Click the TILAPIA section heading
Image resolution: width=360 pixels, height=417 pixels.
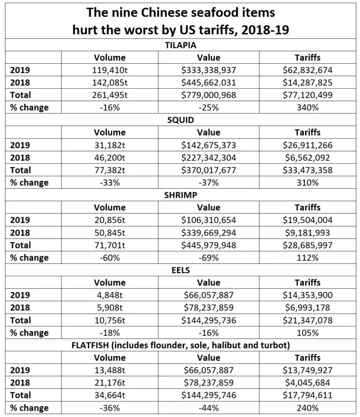pyautogui.click(x=180, y=45)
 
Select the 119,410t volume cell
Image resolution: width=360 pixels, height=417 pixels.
pyautogui.click(x=110, y=70)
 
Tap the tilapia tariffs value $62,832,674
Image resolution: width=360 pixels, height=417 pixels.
pyautogui.click(x=307, y=70)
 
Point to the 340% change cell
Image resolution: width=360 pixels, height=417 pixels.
pyautogui.click(x=307, y=107)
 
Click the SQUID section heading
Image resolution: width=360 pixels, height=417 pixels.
pyautogui.click(x=180, y=120)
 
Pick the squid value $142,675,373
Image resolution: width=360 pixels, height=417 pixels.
pyautogui.click(x=209, y=145)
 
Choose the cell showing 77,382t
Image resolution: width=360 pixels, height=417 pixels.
pyautogui.click(x=110, y=170)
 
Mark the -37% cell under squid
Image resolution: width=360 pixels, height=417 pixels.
pyautogui.click(x=209, y=182)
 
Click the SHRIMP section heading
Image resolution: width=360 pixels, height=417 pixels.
pyautogui.click(x=180, y=195)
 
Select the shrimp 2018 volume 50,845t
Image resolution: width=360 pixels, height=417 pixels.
pyautogui.click(x=110, y=233)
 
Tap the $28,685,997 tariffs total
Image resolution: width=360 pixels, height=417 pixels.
pyautogui.click(x=307, y=245)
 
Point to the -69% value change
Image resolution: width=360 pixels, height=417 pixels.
pyautogui.click(x=209, y=258)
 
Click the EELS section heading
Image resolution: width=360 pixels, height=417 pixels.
pyautogui.click(x=180, y=270)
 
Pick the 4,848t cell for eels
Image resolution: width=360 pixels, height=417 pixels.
pyautogui.click(x=110, y=295)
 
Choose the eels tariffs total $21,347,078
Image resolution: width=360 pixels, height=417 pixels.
pyautogui.click(x=307, y=320)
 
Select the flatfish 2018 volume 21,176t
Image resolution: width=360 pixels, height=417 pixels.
pyautogui.click(x=110, y=383)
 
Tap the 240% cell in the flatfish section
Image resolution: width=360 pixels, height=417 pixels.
pyautogui.click(x=307, y=408)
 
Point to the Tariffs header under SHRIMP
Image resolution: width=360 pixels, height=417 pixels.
pyautogui.click(x=307, y=207)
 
